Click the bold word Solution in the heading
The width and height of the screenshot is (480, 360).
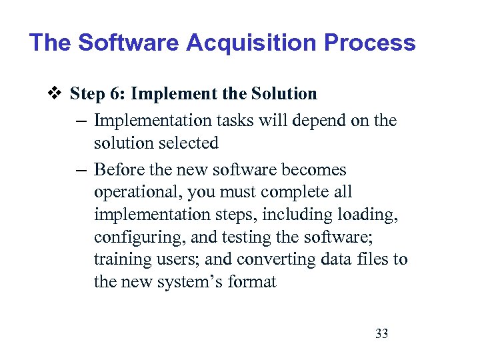pos(283,93)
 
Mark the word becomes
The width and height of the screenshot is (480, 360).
pos(317,170)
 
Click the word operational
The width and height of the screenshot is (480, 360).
pos(138,193)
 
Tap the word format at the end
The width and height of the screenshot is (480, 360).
pos(251,282)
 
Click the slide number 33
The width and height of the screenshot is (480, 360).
pos(381,333)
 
